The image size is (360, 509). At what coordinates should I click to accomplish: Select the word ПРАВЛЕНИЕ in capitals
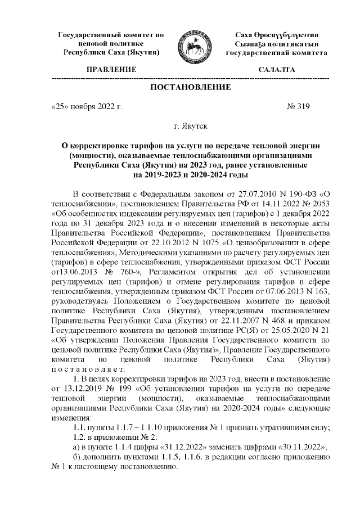pyautogui.click(x=111, y=69)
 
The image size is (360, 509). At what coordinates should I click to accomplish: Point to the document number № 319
pyautogui.click(x=298, y=105)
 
